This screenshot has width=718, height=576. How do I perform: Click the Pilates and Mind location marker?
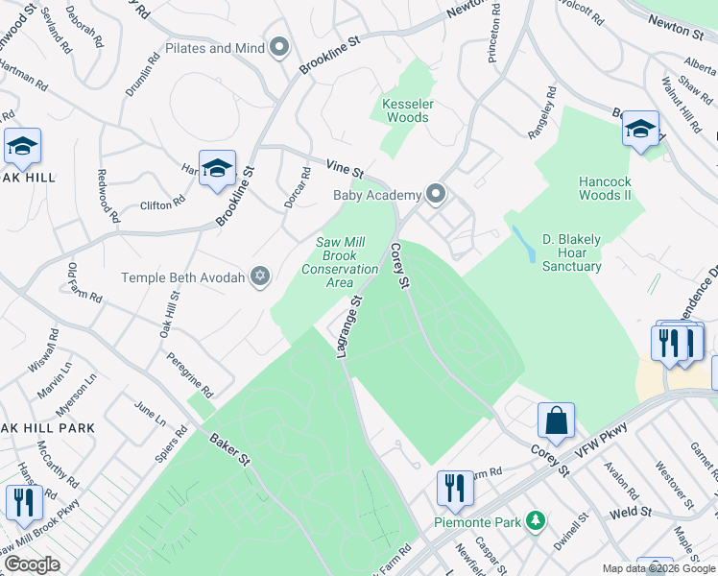click(280, 48)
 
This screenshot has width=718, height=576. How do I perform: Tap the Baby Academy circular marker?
click(437, 195)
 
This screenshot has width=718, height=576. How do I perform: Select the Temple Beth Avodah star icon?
click(258, 277)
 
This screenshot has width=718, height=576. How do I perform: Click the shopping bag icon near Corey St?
click(556, 420)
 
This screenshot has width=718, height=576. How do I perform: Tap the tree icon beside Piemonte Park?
click(536, 522)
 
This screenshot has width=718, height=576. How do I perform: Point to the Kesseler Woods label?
click(406, 109)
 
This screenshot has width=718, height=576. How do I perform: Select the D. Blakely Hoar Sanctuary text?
click(571, 252)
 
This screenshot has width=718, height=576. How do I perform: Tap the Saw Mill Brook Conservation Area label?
click(340, 262)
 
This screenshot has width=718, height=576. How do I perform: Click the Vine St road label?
click(344, 168)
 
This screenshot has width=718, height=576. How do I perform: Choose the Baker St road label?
click(230, 448)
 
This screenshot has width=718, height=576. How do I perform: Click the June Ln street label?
click(150, 414)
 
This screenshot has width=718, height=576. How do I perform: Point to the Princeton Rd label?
click(494, 34)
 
